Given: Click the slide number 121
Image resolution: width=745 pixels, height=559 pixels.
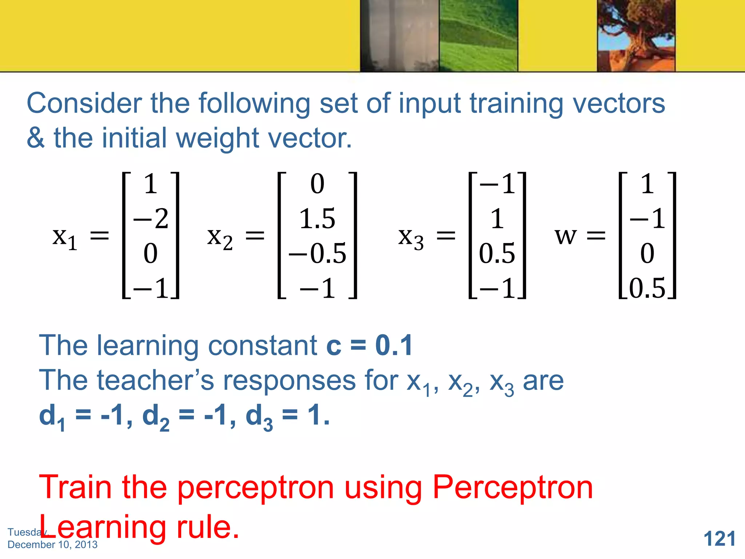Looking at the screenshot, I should pos(720,539).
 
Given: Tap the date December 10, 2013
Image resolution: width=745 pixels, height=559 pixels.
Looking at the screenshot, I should pos(52,544).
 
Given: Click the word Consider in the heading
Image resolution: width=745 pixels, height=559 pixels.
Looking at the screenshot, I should pos(84,103).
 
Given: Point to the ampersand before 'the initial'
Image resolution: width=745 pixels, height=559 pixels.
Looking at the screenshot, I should pos(36,138).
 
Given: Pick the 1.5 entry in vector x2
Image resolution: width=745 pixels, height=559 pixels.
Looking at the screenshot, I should pos(317,219).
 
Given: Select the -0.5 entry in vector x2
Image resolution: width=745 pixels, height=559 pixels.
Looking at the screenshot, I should pos(317,253).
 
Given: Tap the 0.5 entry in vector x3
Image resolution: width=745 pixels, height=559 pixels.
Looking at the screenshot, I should pos(497,253).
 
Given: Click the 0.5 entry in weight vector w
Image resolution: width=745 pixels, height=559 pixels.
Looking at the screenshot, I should pos(647,288).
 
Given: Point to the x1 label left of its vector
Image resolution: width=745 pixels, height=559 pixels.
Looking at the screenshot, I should pos(65,238).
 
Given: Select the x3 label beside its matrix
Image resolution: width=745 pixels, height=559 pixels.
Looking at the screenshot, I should pos(411,238).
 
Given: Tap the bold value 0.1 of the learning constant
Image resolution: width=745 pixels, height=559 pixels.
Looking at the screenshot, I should pos(394,345).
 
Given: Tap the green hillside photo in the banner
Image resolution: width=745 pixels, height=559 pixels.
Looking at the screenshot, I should pos(478,36).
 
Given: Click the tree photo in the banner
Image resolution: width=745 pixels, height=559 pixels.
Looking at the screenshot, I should pos(636,36).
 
